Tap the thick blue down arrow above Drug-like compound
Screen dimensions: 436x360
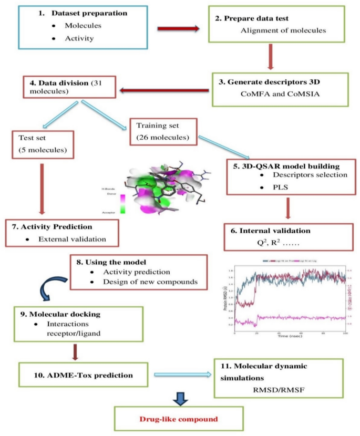pyautogui.click(x=182, y=399)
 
